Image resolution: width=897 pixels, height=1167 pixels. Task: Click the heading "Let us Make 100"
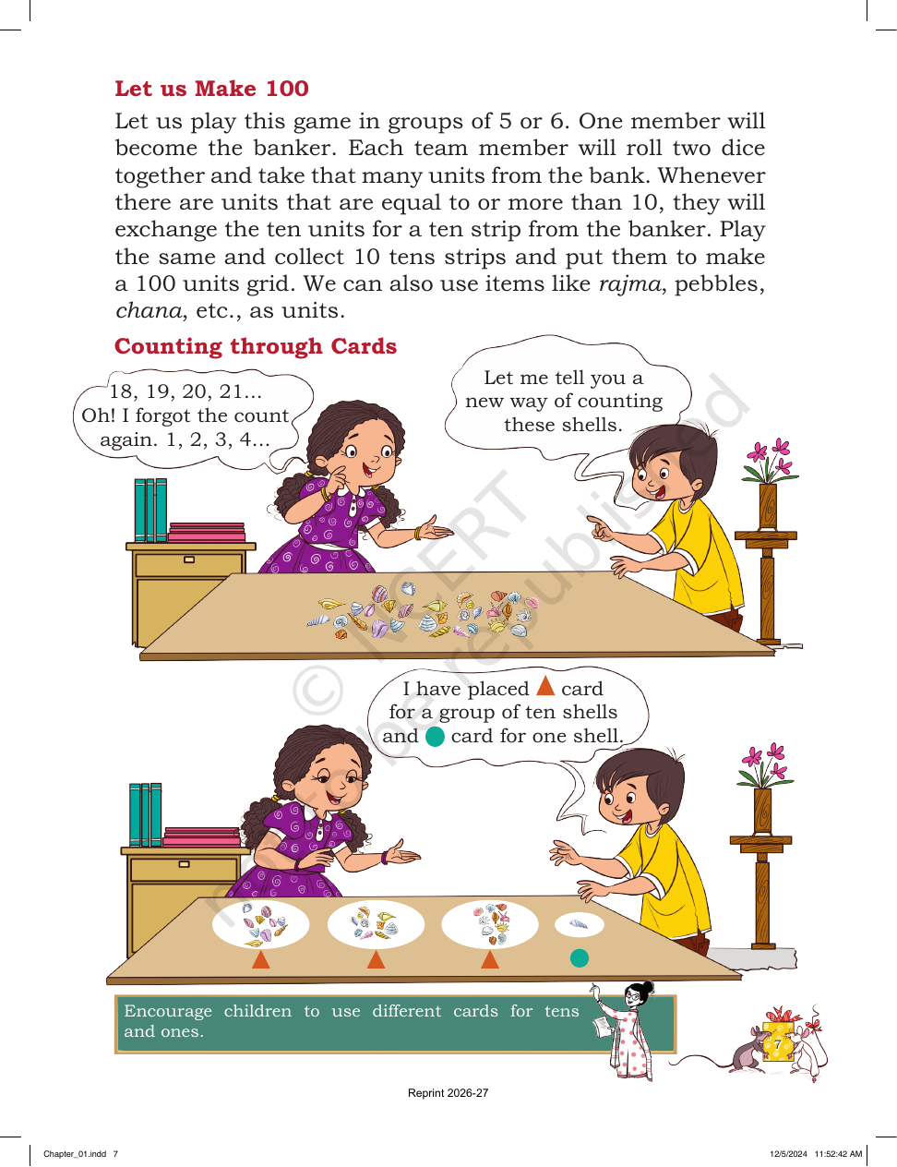pos(211,89)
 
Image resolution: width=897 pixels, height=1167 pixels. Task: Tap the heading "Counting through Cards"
pos(256,346)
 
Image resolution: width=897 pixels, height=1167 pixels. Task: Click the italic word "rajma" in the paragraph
pos(629,283)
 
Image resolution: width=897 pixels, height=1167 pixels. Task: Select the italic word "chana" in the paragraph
pos(149,310)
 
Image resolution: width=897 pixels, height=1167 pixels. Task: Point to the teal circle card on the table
pos(580,957)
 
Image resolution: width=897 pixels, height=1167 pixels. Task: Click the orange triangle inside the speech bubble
pos(545,685)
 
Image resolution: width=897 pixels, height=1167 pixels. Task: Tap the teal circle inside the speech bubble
pos(435,736)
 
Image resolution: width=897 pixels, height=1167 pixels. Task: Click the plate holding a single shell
pos(580,924)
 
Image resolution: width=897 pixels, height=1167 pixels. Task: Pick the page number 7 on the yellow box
pos(777,1044)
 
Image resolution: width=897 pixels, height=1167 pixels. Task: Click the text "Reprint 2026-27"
pos(448,1093)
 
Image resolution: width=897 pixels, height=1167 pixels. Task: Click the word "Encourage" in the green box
pos(168,1011)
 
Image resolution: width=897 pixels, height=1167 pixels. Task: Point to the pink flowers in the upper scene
pos(769,460)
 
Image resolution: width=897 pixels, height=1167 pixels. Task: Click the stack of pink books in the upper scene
pos(207,532)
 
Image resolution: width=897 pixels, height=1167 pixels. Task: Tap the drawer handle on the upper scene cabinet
pos(189,559)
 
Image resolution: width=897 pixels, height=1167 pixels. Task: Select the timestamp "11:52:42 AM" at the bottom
pos(838,1153)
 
